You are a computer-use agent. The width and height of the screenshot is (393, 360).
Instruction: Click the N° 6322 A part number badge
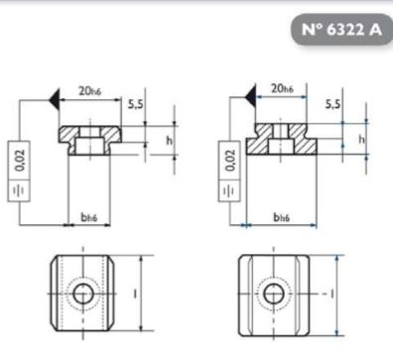[341, 30]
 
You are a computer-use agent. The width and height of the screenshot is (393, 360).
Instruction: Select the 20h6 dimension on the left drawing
[89, 90]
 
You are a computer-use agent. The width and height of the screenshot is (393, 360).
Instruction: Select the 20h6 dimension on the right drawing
[282, 88]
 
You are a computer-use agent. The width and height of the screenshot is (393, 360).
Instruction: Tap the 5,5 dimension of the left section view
[136, 104]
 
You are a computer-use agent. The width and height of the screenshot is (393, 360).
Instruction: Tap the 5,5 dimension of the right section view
[332, 104]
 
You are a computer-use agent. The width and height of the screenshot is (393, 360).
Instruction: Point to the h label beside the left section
[170, 141]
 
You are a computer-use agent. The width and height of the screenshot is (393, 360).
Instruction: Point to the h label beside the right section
[362, 139]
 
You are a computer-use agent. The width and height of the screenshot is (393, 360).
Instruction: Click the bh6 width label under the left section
[89, 217]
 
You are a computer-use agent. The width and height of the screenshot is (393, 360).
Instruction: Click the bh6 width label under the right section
[282, 217]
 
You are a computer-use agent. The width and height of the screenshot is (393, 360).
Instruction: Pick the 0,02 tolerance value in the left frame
[20, 160]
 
